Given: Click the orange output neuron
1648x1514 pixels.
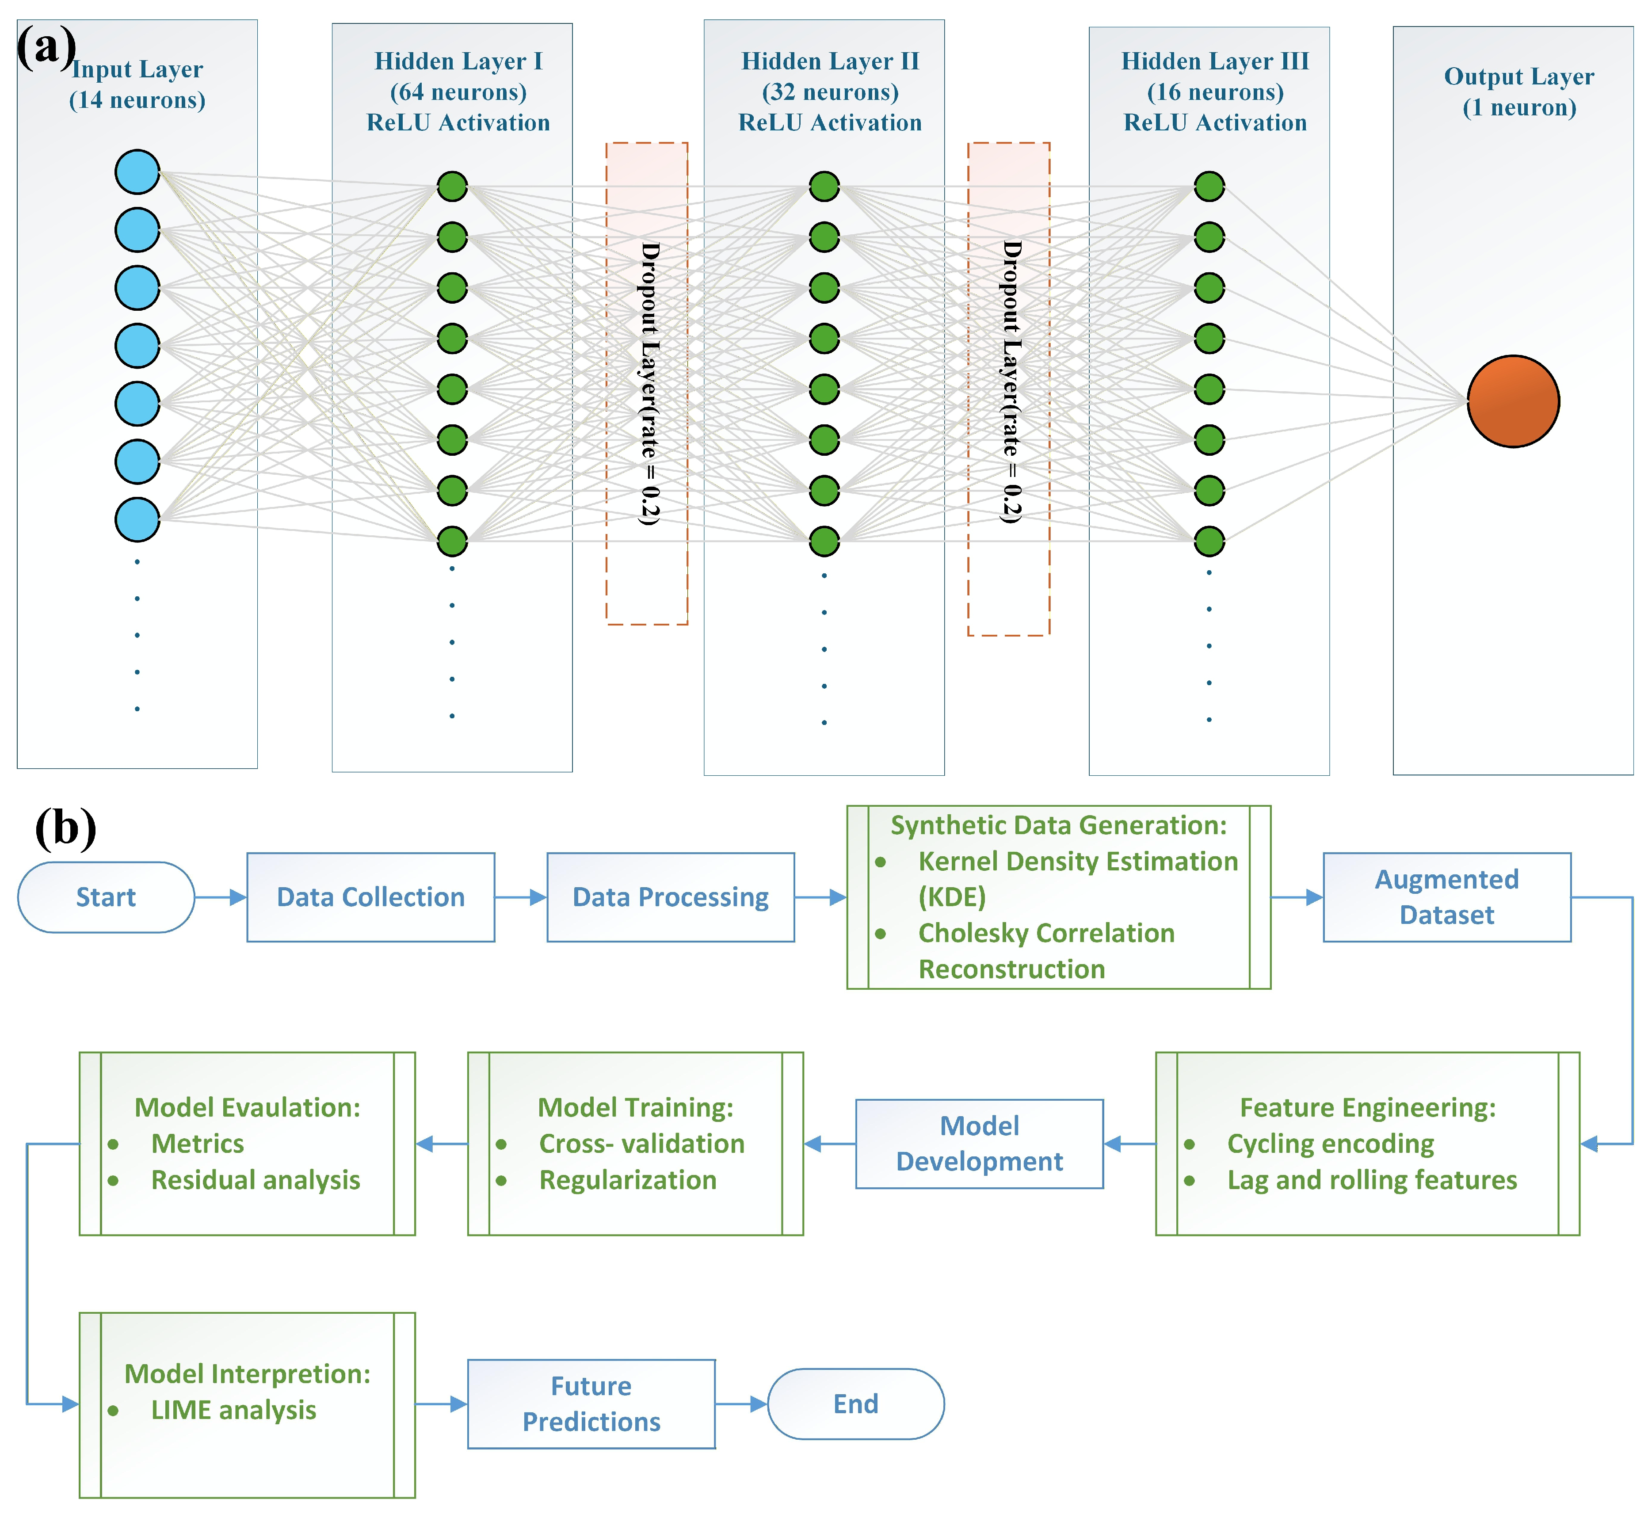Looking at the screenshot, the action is pos(1513,401).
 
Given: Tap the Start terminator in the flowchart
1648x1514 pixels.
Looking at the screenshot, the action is pos(106,897).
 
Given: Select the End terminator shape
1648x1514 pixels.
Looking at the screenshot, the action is pos(856,1403).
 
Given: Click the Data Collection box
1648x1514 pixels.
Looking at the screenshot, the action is pos(371,897).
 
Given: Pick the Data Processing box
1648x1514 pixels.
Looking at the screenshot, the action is pos(671,897).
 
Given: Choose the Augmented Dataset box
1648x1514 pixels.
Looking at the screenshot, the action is pos(1447,897).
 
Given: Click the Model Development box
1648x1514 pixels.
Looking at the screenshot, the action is pos(980,1144).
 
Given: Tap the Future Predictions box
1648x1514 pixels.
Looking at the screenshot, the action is pos(591,1403).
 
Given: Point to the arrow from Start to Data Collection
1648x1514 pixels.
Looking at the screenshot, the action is pos(220,897).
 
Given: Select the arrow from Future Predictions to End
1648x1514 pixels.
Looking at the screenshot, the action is pos(741,1403).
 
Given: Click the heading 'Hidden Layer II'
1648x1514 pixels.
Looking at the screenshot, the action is pos(831,61).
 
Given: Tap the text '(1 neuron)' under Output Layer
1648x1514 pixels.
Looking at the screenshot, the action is pos(1519,107).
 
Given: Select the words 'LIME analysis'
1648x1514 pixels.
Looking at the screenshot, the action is pos(233,1410).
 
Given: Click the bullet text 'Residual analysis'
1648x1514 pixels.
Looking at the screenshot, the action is pos(256,1180).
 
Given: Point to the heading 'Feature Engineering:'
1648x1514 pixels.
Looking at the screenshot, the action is pos(1368,1108).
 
